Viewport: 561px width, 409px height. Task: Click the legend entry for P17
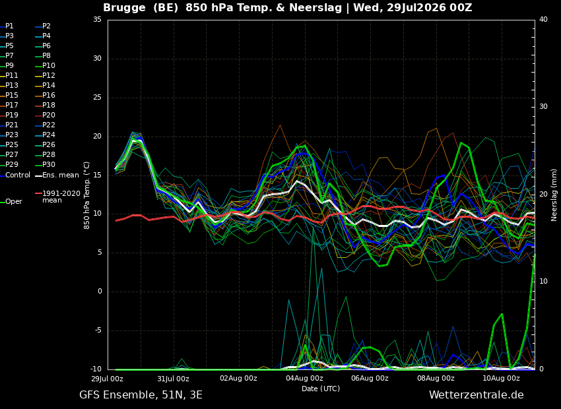pyautogui.click(x=9, y=105)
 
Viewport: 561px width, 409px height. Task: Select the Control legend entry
pyautogui.click(x=15, y=175)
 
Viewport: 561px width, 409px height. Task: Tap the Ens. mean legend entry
pyautogui.click(x=57, y=175)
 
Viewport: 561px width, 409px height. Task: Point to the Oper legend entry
pyautogui.click(x=12, y=202)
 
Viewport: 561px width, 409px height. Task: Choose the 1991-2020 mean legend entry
pyautogui.click(x=58, y=197)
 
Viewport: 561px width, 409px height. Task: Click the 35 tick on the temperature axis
pyautogui.click(x=97, y=19)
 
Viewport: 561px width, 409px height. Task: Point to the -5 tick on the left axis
pyautogui.click(x=97, y=330)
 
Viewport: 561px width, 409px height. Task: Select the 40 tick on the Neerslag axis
pyautogui.click(x=543, y=19)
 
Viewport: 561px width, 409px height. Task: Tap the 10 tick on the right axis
pyautogui.click(x=543, y=281)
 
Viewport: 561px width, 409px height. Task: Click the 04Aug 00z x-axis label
pyautogui.click(x=304, y=378)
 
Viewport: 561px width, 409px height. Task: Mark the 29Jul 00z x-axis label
pyautogui.click(x=108, y=378)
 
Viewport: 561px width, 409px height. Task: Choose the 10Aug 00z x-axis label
pyautogui.click(x=501, y=378)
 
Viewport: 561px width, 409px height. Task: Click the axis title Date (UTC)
pyautogui.click(x=321, y=389)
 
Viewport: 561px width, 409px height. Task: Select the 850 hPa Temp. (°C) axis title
pyautogui.click(x=87, y=195)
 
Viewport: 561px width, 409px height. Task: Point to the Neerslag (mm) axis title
pyautogui.click(x=554, y=195)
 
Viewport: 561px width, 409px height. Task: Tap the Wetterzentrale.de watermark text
pyautogui.click(x=477, y=395)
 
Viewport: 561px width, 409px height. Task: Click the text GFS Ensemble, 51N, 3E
pyautogui.click(x=141, y=395)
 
